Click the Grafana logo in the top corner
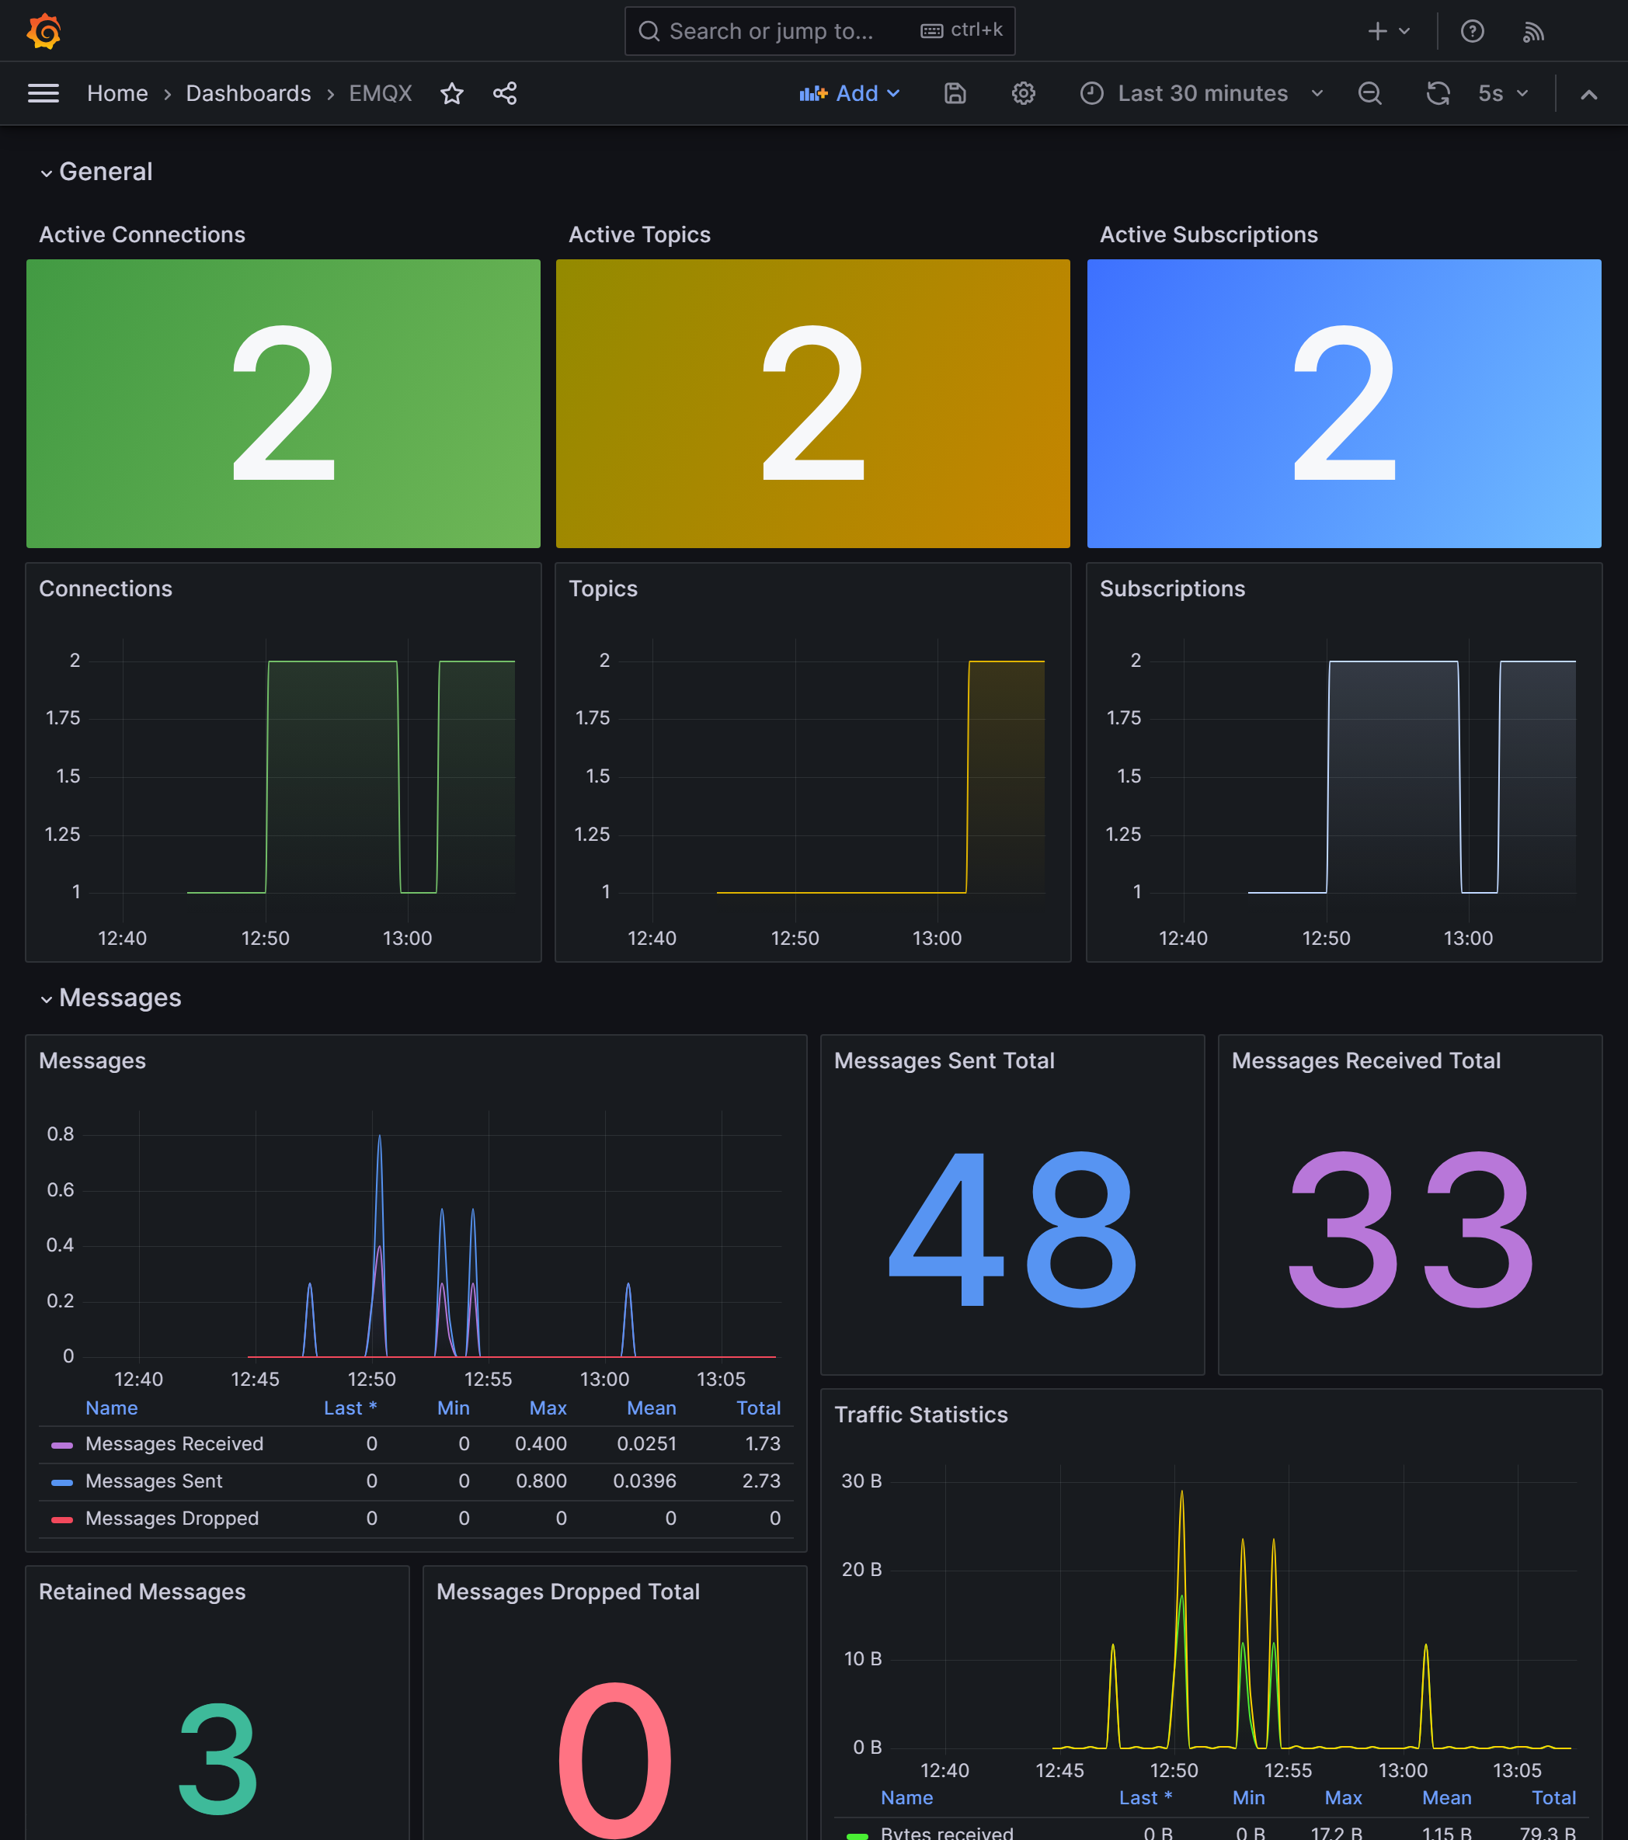43,32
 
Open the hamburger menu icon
43,94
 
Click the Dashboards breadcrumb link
248,94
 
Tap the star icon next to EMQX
452,94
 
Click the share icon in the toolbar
505,94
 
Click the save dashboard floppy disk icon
955,94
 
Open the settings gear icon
1023,94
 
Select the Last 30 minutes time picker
1201,94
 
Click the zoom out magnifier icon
1369,94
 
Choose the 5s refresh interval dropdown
1503,94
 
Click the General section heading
106,172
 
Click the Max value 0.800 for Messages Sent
541,1481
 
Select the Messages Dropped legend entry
172,1519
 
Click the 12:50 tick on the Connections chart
266,938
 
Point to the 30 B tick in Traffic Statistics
861,1481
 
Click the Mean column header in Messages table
651,1408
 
